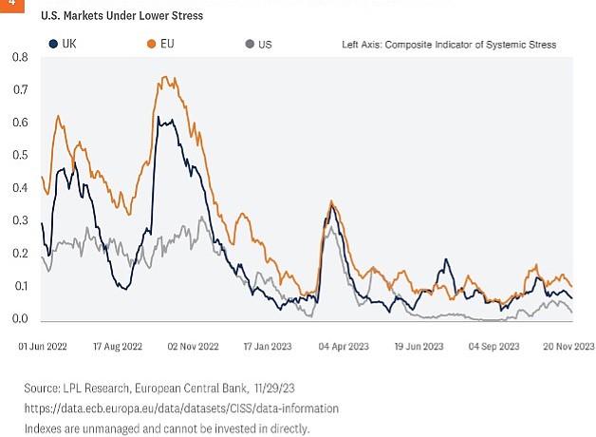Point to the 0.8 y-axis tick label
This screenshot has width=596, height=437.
pyautogui.click(x=20, y=58)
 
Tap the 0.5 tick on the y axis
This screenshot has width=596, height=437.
pyautogui.click(x=20, y=156)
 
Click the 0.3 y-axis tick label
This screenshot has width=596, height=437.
pyautogui.click(x=20, y=221)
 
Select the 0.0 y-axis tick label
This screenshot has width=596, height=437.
pyautogui.click(x=20, y=319)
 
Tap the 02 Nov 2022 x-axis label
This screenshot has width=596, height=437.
pyautogui.click(x=194, y=348)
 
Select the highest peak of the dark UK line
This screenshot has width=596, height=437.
pyautogui.click(x=159, y=118)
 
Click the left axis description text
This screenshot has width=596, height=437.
pyautogui.click(x=449, y=45)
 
